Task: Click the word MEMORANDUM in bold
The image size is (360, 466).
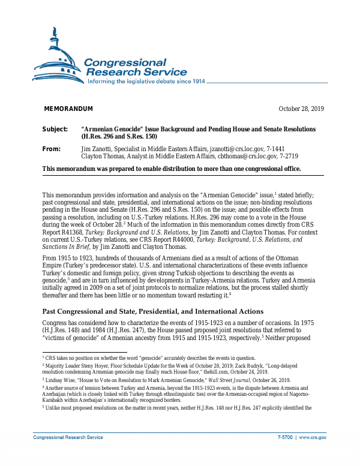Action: coord(68,109)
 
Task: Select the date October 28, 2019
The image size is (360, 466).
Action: coord(301,109)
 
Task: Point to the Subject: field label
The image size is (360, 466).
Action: coord(55,130)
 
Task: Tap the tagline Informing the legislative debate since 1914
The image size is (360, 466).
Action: coord(146,81)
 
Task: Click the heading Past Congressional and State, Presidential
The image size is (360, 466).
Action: coord(152,311)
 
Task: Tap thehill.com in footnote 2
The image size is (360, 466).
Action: coord(232,372)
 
